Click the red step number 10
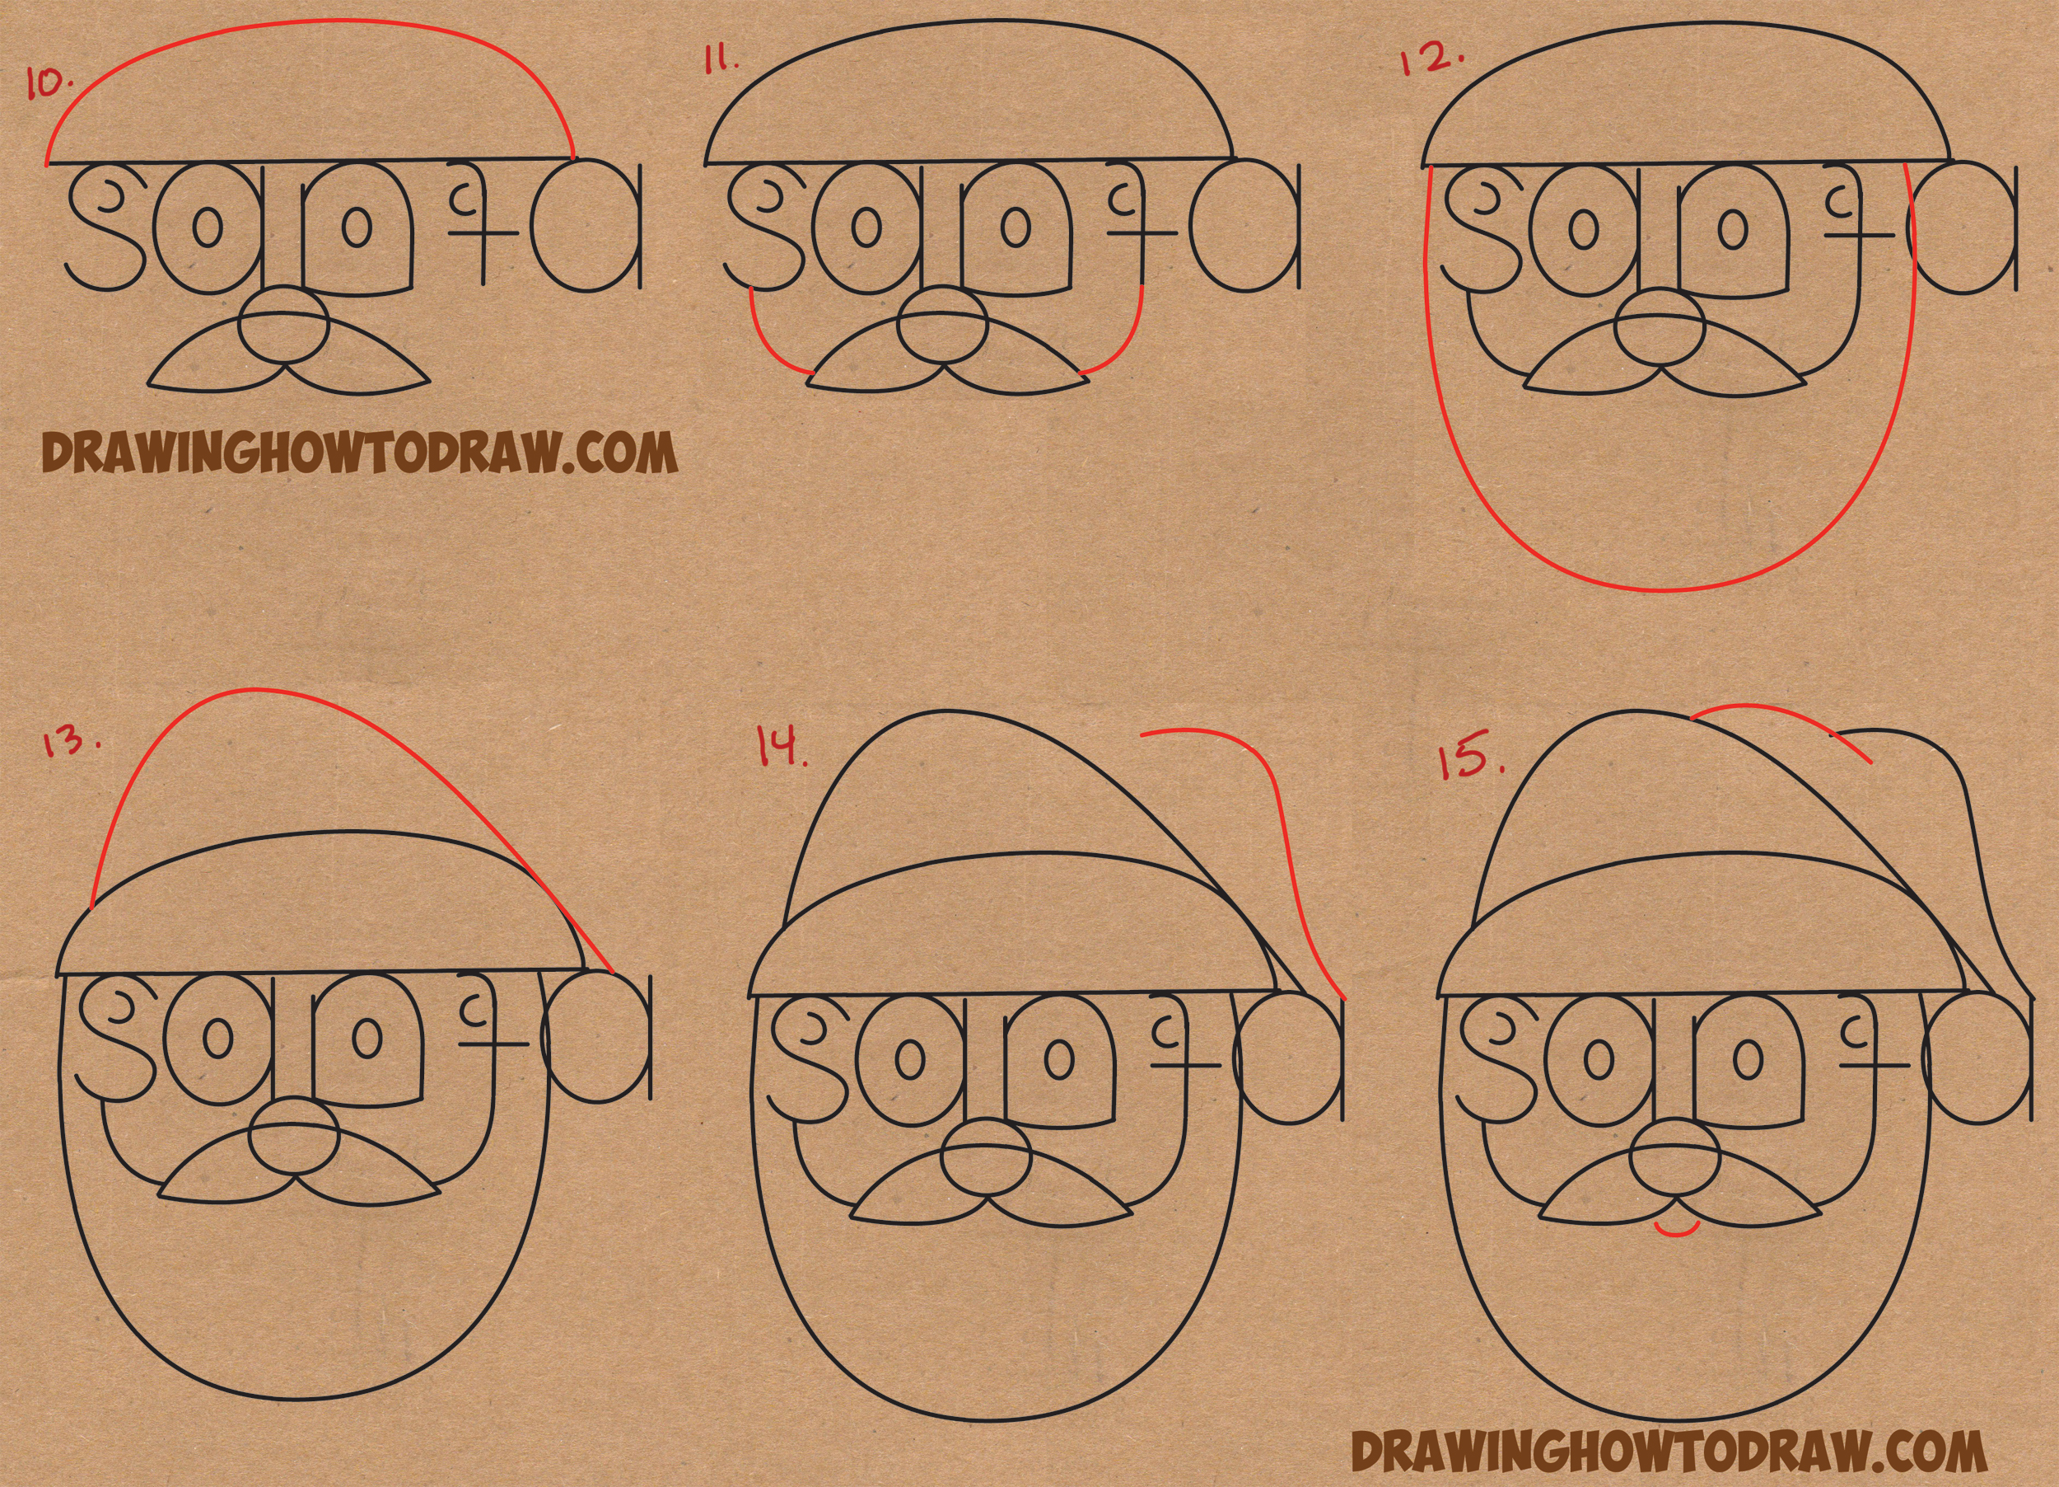point(51,83)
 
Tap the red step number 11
point(721,62)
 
